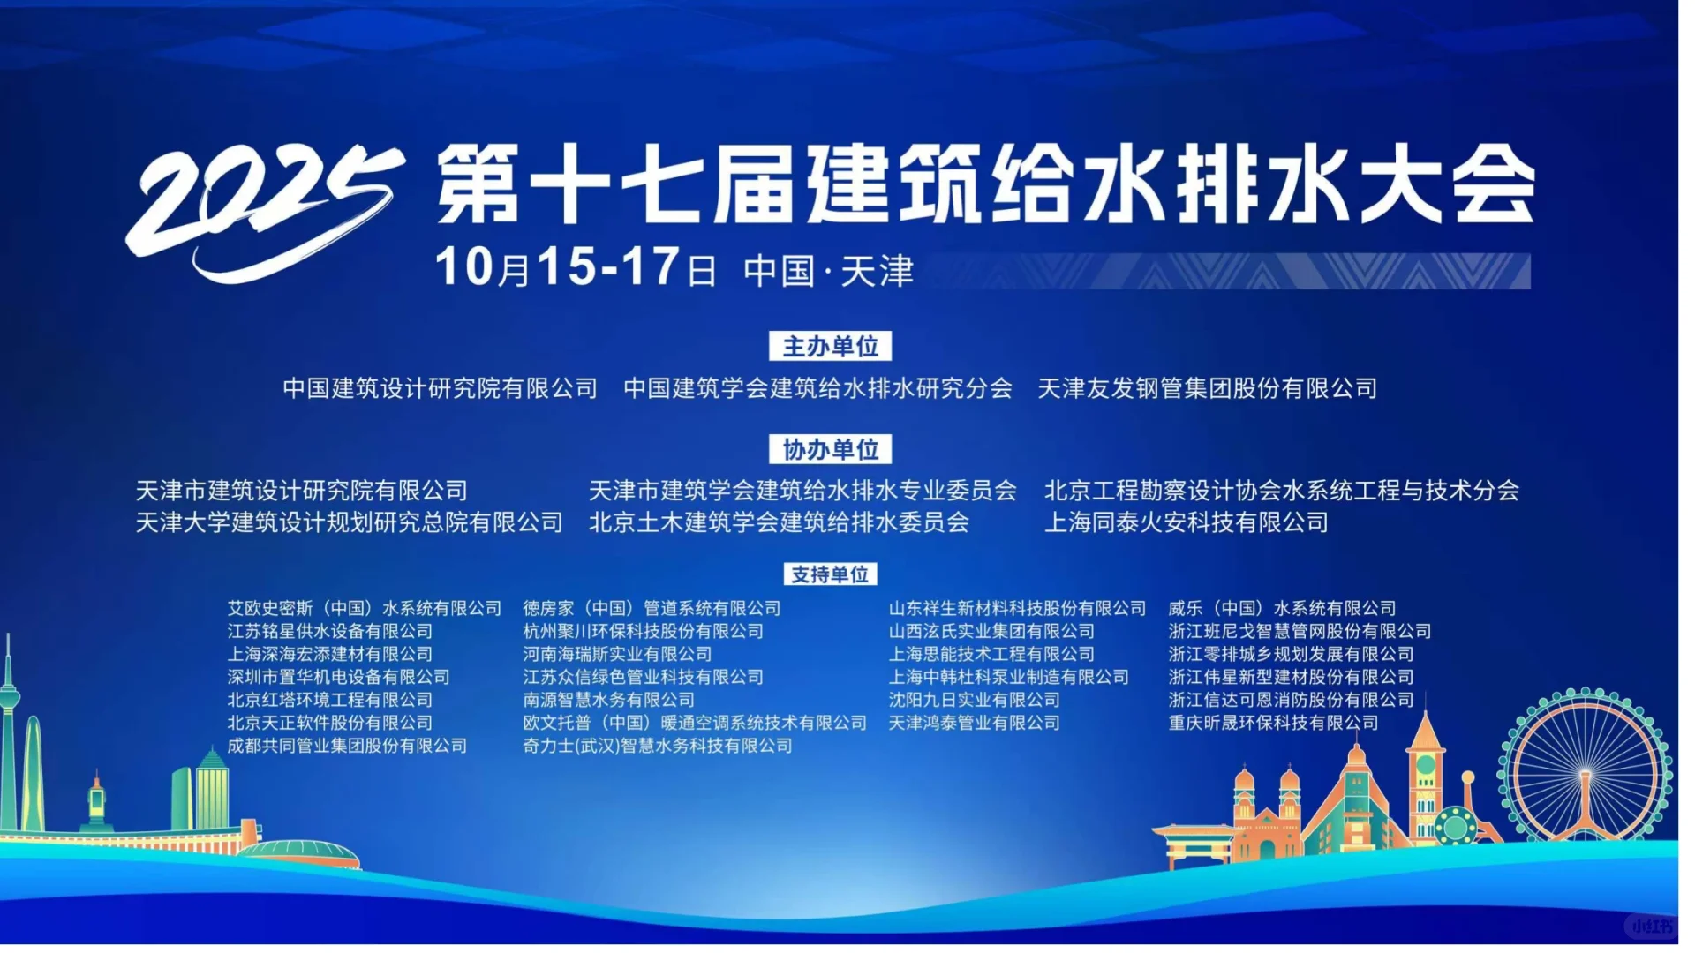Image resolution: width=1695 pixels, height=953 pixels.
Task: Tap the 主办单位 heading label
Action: [830, 347]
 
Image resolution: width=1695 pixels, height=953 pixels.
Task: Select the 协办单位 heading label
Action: [830, 449]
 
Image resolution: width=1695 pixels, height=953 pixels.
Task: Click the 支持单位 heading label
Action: [830, 575]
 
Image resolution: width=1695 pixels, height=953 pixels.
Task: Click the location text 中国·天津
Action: [828, 271]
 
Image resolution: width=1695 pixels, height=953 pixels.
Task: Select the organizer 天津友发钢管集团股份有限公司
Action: [1207, 388]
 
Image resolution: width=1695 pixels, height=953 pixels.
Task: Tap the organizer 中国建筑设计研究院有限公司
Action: [440, 388]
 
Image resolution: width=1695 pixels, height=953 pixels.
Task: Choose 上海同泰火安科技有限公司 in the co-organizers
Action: [1186, 522]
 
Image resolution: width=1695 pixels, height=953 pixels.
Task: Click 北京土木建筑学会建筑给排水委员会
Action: [779, 522]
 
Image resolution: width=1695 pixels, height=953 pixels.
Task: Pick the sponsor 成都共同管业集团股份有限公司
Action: [347, 746]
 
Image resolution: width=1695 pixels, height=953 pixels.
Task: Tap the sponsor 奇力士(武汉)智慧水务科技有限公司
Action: [658, 746]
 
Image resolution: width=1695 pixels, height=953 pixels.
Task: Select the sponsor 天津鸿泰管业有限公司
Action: [974, 723]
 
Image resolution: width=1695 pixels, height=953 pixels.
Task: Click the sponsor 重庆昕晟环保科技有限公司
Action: [1273, 723]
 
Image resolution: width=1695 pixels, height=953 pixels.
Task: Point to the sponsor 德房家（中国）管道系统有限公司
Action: [652, 608]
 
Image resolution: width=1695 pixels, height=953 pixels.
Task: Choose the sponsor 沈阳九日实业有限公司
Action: [974, 700]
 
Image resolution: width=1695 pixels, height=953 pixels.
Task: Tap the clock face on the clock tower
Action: [1425, 764]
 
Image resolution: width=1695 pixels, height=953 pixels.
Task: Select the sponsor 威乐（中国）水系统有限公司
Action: [1282, 608]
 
